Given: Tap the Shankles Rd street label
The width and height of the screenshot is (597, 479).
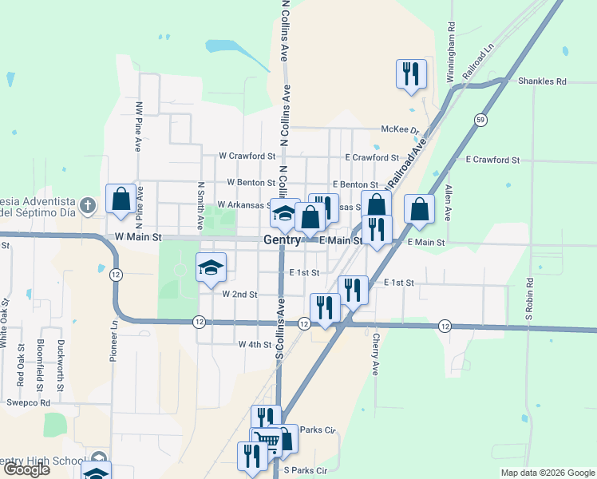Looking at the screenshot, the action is point(541,81).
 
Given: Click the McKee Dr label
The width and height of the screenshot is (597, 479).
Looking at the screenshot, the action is point(400,130).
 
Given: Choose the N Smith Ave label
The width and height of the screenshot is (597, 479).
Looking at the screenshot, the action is point(201,200).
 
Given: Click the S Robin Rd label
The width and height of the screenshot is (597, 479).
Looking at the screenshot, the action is point(528,299).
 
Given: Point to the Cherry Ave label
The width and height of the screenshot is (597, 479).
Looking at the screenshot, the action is point(374,354).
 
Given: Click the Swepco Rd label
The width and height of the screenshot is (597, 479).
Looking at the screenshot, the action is point(29,403).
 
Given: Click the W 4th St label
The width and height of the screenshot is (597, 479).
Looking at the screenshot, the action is point(255,344).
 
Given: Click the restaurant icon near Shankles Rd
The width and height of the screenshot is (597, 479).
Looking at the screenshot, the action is point(411,73).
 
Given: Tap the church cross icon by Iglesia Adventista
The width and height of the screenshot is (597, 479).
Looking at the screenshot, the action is point(89,205).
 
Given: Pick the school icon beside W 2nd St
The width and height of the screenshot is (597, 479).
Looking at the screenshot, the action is point(212,267).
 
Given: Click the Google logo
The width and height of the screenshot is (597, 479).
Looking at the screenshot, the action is point(26,469).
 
